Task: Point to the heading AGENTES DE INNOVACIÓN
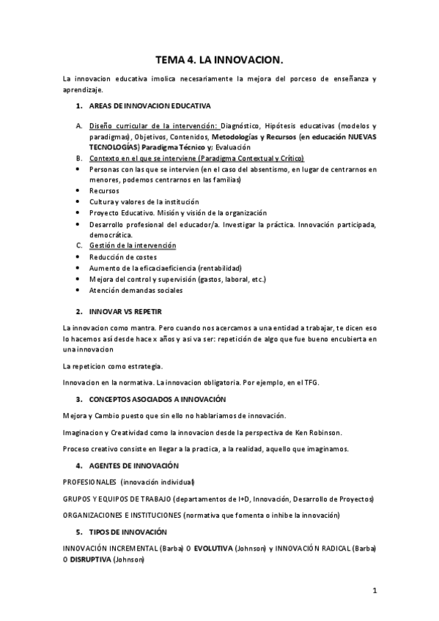(133, 466)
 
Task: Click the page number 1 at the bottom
(374, 590)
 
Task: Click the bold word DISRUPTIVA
(91, 559)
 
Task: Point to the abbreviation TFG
(311, 382)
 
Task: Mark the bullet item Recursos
(104, 190)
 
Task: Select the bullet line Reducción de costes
(121, 257)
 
